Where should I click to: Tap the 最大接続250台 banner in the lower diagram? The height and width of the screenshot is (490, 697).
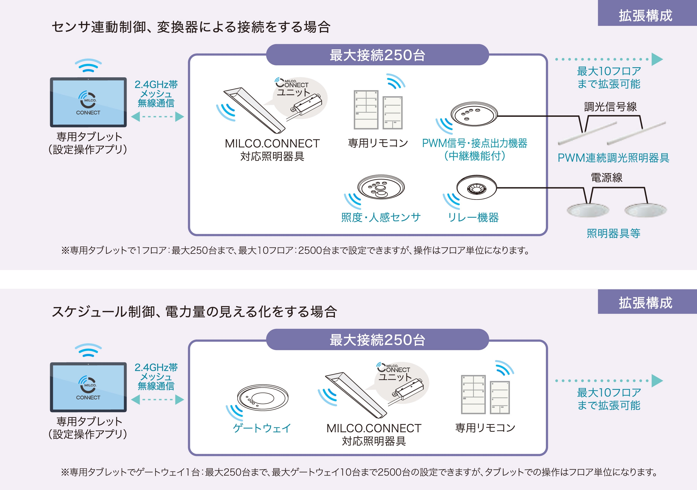coord(377,339)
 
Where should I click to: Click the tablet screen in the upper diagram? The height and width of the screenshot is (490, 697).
coord(88,102)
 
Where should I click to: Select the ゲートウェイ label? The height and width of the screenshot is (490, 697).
coord(262,428)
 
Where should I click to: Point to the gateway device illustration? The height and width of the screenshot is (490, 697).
coord(262,397)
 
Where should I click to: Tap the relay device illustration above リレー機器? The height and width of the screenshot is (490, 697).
coord(476,187)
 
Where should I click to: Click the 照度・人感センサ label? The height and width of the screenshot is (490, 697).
coord(381,218)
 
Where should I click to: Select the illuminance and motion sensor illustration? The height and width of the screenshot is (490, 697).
coord(381,187)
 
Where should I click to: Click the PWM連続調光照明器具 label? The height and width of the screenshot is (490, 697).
coord(613,158)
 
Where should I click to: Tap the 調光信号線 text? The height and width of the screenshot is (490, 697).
coord(610,106)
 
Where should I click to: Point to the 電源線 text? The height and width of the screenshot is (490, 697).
coord(607,177)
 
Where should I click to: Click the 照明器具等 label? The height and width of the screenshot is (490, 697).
coord(613,233)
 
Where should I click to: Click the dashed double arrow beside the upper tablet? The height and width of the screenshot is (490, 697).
coord(157,117)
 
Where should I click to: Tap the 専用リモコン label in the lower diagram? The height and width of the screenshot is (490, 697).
coord(485,427)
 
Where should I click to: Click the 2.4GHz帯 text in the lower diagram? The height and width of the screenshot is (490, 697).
coord(156,367)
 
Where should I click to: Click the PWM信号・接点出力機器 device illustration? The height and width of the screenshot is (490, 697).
coord(474,114)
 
